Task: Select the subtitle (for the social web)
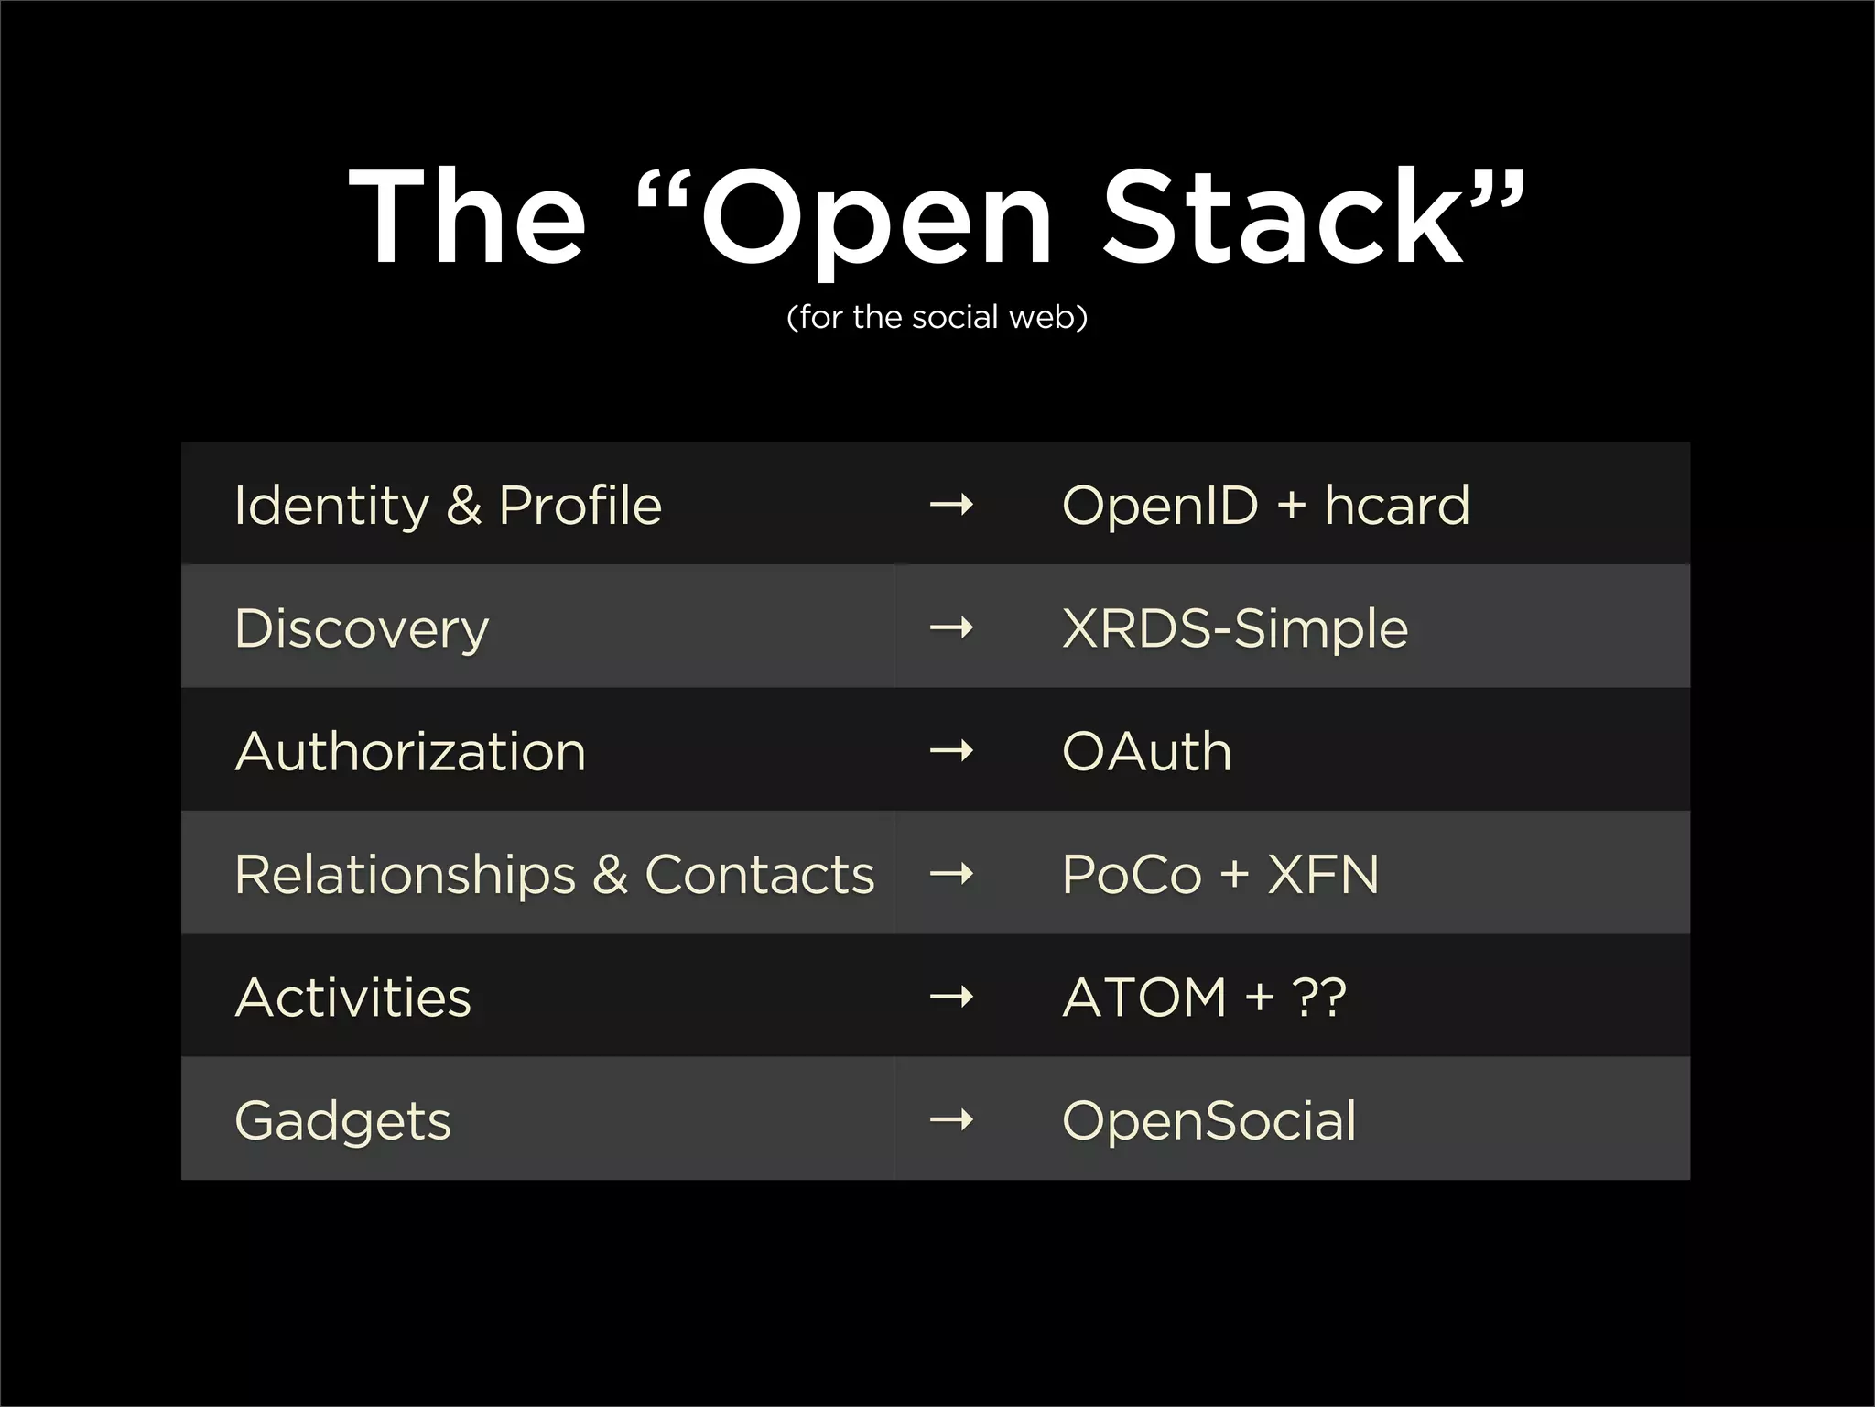[937, 317]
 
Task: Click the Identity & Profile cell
[448, 505]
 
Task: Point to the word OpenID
[1159, 505]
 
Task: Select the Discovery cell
[363, 628]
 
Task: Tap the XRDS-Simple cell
[1234, 628]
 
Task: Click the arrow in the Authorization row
[951, 751]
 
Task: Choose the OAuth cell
[1146, 751]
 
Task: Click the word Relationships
[405, 875]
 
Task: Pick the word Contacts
[759, 875]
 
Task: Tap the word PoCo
[1131, 875]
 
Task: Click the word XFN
[1323, 875]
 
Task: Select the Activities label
[353, 998]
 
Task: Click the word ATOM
[1143, 998]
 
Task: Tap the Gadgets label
[343, 1120]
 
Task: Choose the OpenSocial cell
[1208, 1120]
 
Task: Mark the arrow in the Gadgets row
[951, 1119]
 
